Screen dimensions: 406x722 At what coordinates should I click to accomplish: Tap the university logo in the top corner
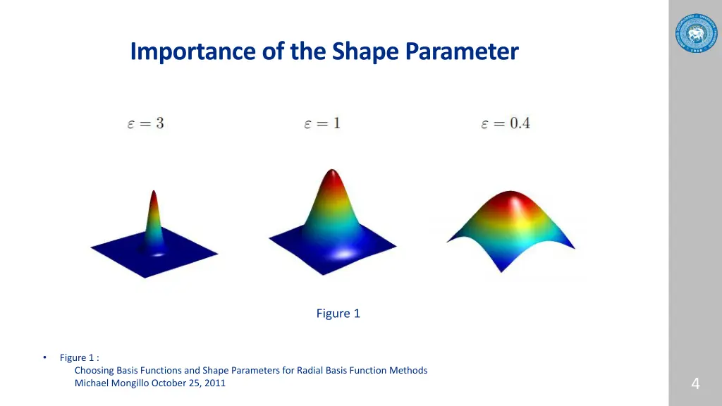click(695, 34)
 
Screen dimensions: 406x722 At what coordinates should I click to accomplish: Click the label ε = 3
click(145, 123)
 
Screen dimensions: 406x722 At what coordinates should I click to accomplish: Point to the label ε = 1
click(322, 123)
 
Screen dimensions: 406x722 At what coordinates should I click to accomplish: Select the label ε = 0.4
click(505, 123)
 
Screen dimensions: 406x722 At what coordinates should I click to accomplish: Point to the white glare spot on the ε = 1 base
click(345, 254)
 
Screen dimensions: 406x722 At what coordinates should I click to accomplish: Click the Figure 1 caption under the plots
click(338, 314)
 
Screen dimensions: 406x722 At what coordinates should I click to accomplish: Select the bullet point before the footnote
click(44, 357)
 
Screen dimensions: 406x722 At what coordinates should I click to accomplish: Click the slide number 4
click(695, 384)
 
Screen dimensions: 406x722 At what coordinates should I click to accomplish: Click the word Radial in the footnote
click(311, 370)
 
